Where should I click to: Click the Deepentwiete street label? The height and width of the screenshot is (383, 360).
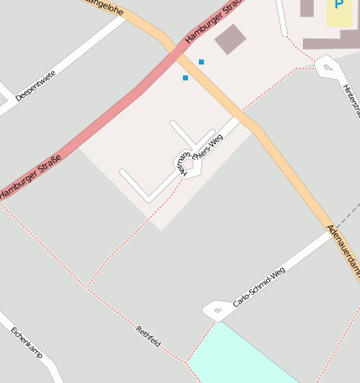[x=36, y=85]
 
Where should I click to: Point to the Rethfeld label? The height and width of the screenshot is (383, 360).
[x=149, y=336]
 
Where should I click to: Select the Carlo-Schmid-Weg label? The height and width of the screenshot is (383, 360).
[x=259, y=286]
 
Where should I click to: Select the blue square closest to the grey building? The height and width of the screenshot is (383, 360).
[x=201, y=62]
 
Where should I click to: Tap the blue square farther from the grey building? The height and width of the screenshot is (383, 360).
[x=185, y=78]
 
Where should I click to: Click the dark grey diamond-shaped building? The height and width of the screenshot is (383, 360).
[x=230, y=39]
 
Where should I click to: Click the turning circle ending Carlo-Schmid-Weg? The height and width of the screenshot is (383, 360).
[x=215, y=313]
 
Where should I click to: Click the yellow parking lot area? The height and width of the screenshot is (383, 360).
[x=340, y=13]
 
